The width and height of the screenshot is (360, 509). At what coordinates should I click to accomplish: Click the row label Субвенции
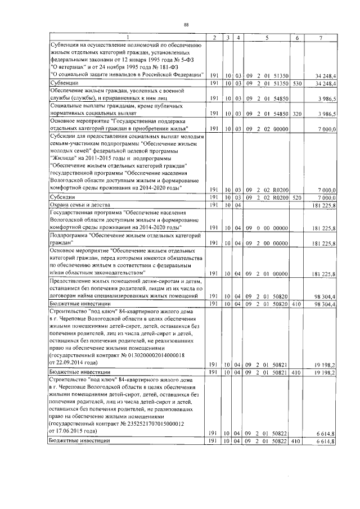point(64,83)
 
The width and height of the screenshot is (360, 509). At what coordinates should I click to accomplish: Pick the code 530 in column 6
point(297,83)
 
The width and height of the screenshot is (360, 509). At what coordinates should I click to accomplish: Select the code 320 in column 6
point(297,113)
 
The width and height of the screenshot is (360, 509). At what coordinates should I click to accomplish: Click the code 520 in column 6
point(297,197)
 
